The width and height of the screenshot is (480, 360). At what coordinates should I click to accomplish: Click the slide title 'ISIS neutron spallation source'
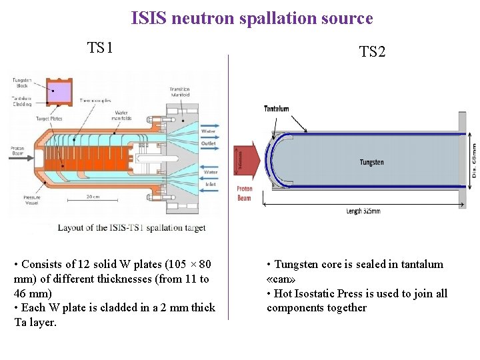coord(252,18)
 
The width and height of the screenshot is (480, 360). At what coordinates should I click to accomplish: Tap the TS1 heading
coord(100,47)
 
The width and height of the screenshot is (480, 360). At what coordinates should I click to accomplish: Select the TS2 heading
coord(372,51)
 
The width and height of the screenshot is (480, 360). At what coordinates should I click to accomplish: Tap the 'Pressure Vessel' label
coord(22,200)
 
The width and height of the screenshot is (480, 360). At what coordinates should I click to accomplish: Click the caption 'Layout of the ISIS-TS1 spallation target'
coord(131,227)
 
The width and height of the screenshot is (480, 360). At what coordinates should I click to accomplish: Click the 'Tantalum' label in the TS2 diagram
coord(276,109)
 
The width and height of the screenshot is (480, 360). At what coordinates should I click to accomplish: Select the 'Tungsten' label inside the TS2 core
coord(371,162)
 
